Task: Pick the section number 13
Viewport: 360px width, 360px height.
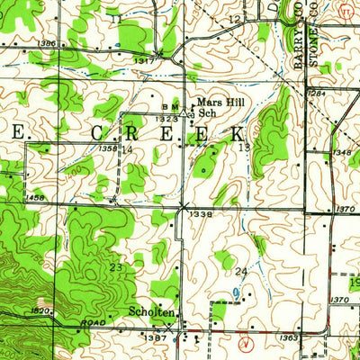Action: coord(243,147)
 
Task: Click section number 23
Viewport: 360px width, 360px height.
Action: coord(115,266)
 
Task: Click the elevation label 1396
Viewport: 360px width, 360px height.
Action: coord(47,43)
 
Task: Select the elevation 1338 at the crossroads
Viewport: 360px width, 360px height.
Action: coord(202,215)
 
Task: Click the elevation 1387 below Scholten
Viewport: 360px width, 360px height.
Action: coord(156,337)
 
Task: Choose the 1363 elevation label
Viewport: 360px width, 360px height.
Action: coord(289,337)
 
